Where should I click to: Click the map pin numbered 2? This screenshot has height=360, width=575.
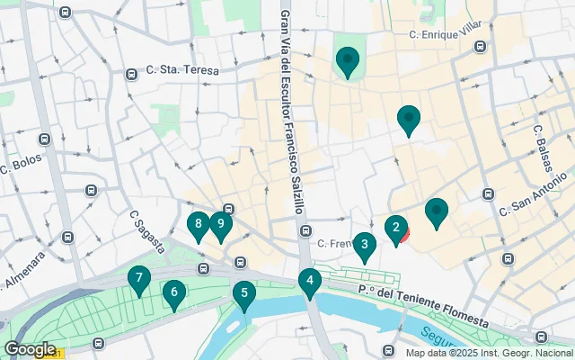(x=395, y=229)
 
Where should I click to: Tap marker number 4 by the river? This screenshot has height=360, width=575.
(x=310, y=282)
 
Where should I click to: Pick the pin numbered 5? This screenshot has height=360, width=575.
(x=243, y=293)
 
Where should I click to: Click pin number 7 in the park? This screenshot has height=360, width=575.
(x=138, y=280)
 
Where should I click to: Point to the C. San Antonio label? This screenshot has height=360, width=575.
(x=535, y=198)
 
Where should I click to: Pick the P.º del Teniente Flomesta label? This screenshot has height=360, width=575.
(x=422, y=306)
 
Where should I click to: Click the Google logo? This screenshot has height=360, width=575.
(x=30, y=349)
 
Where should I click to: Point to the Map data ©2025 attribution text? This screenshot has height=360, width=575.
(x=488, y=353)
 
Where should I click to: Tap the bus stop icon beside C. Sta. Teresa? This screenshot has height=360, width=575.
(x=132, y=74)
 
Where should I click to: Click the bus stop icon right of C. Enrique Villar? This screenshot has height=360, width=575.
(x=481, y=47)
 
